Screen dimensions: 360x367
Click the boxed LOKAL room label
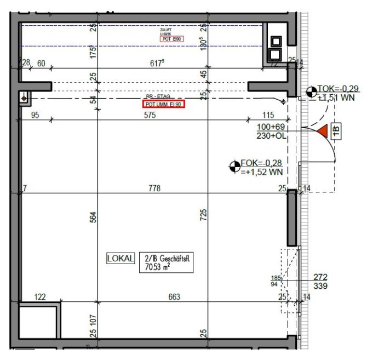pyautogui.click(x=120, y=259)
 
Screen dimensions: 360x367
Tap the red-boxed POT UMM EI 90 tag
pyautogui.click(x=164, y=104)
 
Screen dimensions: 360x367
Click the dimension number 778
pyautogui.click(x=154, y=188)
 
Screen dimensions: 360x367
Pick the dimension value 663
pyautogui.click(x=174, y=297)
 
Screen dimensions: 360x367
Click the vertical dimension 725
pyautogui.click(x=203, y=215)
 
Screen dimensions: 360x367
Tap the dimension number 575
pyautogui.click(x=150, y=115)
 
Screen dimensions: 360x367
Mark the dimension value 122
pyautogui.click(x=40, y=297)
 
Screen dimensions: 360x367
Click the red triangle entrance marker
pyautogui.click(x=322, y=131)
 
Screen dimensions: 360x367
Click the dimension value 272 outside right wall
pyautogui.click(x=320, y=277)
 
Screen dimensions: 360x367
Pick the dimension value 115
pyautogui.click(x=268, y=115)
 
